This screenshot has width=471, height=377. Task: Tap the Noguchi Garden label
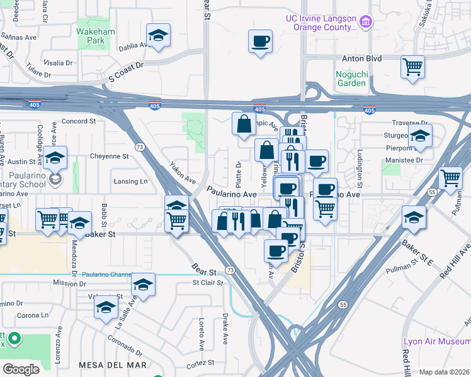coord(351,78)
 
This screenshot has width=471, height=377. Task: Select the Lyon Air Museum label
coord(436,341)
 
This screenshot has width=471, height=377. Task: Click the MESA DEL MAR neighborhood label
coord(113,364)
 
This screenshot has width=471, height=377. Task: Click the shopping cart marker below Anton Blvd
coord(412,66)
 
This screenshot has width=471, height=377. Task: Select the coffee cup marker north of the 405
coord(260,41)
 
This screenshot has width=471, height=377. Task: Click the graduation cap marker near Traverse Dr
coord(420,136)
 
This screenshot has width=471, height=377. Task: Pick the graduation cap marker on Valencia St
coord(106,308)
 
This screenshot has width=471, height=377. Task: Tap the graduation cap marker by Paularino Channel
coord(144,285)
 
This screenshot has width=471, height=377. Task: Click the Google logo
coord(21,369)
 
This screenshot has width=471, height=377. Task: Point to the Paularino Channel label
coord(105,275)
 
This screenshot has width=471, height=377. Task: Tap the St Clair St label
coord(208,283)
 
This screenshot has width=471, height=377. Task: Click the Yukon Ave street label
coord(183,173)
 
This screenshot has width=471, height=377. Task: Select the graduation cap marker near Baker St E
coord(414,216)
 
